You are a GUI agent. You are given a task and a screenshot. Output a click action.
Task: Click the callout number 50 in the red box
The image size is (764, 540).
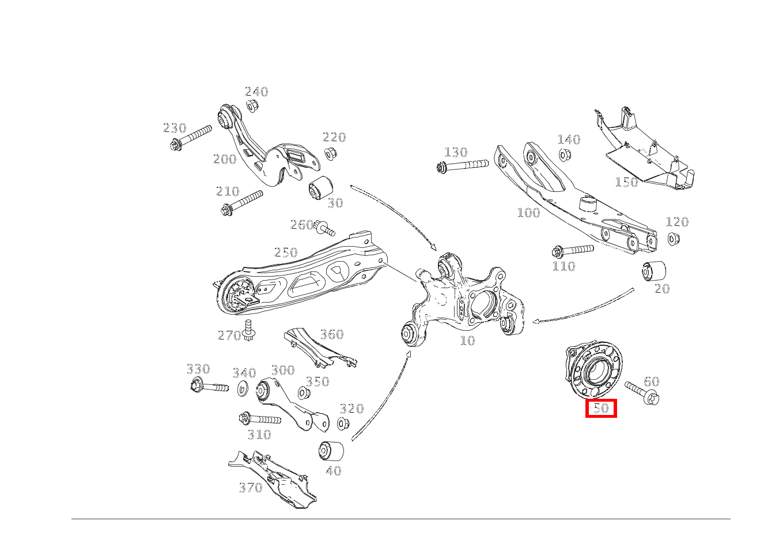[x=601, y=408]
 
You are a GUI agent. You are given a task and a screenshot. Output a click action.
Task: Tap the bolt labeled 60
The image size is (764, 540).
[x=642, y=392]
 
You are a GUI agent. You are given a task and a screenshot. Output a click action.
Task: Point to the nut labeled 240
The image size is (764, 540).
[x=252, y=105]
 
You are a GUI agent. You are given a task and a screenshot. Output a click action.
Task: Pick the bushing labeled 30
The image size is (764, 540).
[x=321, y=188]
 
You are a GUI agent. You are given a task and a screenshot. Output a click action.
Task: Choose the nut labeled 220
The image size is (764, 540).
[x=330, y=153]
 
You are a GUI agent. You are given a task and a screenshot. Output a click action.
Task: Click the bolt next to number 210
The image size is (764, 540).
[x=241, y=203]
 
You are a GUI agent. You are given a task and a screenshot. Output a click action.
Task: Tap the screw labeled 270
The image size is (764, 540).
[x=248, y=331]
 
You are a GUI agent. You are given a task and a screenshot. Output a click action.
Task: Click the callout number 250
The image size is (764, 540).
[x=286, y=252]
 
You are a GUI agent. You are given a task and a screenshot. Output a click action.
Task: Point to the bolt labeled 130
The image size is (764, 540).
[x=462, y=165]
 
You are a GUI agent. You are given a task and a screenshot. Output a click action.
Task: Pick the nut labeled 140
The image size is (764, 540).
[x=564, y=155]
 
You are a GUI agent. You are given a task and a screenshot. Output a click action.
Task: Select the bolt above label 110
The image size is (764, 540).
[x=572, y=251]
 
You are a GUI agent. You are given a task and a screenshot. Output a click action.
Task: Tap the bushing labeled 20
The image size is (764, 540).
[x=654, y=271]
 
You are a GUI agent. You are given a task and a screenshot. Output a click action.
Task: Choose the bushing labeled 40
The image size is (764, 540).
[x=331, y=450]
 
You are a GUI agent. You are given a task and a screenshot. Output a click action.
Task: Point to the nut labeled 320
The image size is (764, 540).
[x=343, y=424]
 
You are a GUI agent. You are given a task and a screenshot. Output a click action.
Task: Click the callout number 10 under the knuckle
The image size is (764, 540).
[x=467, y=341]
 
